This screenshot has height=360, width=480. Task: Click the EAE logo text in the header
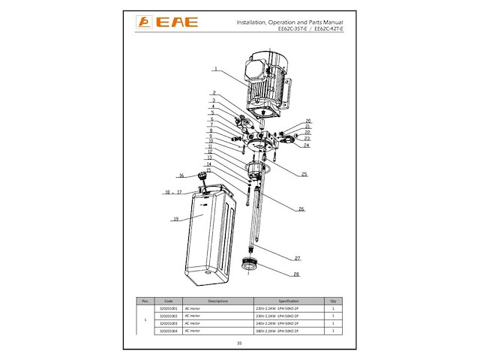point(177,22)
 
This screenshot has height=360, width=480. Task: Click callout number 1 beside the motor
point(214,69)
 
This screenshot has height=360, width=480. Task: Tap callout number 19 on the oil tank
point(175,219)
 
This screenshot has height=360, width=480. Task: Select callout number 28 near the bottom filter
point(297,274)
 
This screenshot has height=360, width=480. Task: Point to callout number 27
point(297,257)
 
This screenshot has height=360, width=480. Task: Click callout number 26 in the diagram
point(301,208)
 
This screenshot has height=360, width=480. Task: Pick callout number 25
point(304,174)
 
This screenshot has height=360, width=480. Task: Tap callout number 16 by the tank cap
point(181,175)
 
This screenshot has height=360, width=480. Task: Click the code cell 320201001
point(169,308)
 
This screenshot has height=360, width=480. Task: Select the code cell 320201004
point(169,331)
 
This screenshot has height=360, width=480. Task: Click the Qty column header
point(332,301)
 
